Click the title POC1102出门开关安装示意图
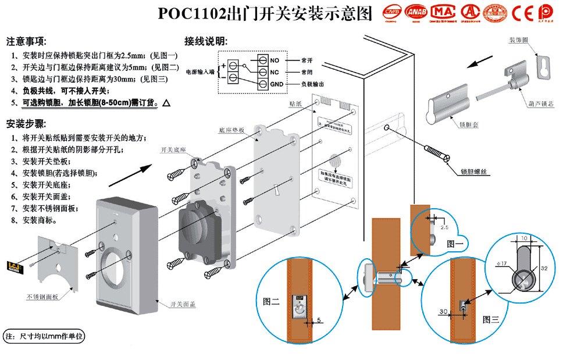[264, 13]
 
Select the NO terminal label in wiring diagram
[275, 60]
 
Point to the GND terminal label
[277, 84]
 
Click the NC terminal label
[275, 72]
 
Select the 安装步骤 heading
[26, 123]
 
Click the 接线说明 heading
[206, 42]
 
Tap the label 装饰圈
[518, 40]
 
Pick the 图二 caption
[271, 301]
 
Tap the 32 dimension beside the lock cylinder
[543, 269]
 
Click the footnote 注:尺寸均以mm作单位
[45, 336]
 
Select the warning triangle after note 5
[166, 103]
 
